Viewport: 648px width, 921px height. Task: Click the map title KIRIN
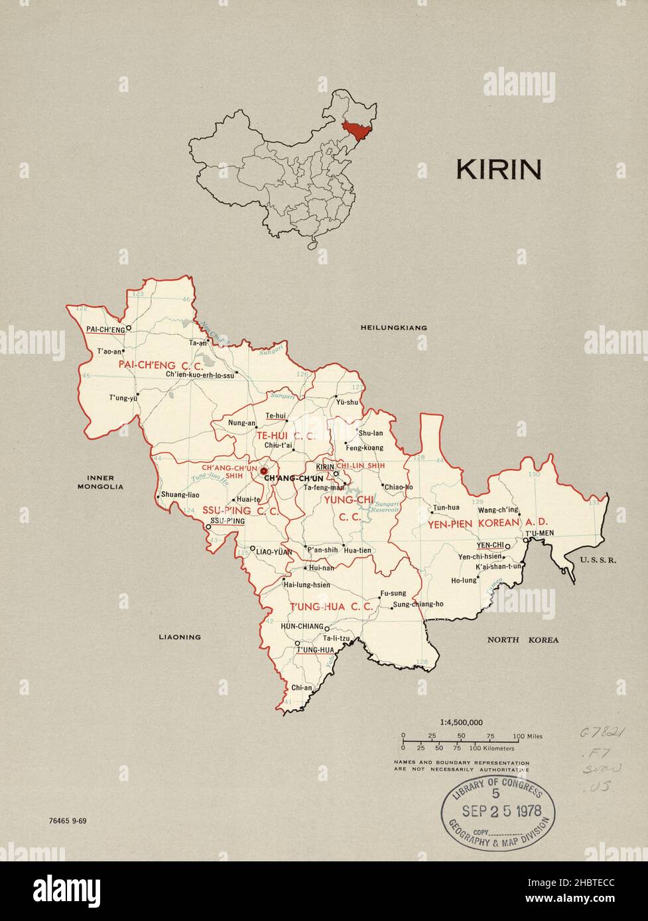(498, 170)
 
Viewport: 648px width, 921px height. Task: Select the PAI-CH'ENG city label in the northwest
(105, 329)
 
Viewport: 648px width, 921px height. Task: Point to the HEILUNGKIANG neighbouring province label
(393, 328)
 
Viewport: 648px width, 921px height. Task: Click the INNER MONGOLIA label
(100, 482)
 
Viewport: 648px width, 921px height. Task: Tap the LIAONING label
(179, 637)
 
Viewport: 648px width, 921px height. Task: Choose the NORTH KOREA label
(523, 640)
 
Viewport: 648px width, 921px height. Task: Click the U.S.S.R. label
(598, 560)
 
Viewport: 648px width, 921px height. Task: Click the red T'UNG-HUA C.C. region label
(324, 606)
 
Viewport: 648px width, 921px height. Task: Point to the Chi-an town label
(301, 688)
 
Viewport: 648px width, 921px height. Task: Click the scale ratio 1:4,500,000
(461, 723)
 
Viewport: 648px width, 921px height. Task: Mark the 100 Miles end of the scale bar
(528, 737)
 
